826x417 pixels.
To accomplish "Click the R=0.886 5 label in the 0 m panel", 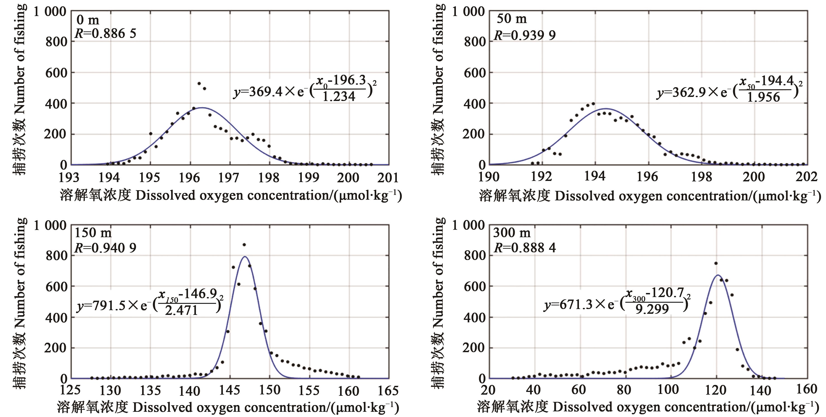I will (x=105, y=33).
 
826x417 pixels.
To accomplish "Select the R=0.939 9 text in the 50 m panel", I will (x=525, y=35).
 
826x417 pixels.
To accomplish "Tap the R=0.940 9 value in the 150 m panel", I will (x=105, y=248).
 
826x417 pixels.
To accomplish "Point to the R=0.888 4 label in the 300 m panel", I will (x=525, y=248).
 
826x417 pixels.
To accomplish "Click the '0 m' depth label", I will (x=88, y=20).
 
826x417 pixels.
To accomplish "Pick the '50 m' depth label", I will (x=512, y=19).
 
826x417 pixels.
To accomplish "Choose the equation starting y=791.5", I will (x=150, y=304).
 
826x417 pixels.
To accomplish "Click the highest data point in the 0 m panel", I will (x=199, y=83).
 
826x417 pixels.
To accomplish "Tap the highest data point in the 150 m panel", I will (x=244, y=245).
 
